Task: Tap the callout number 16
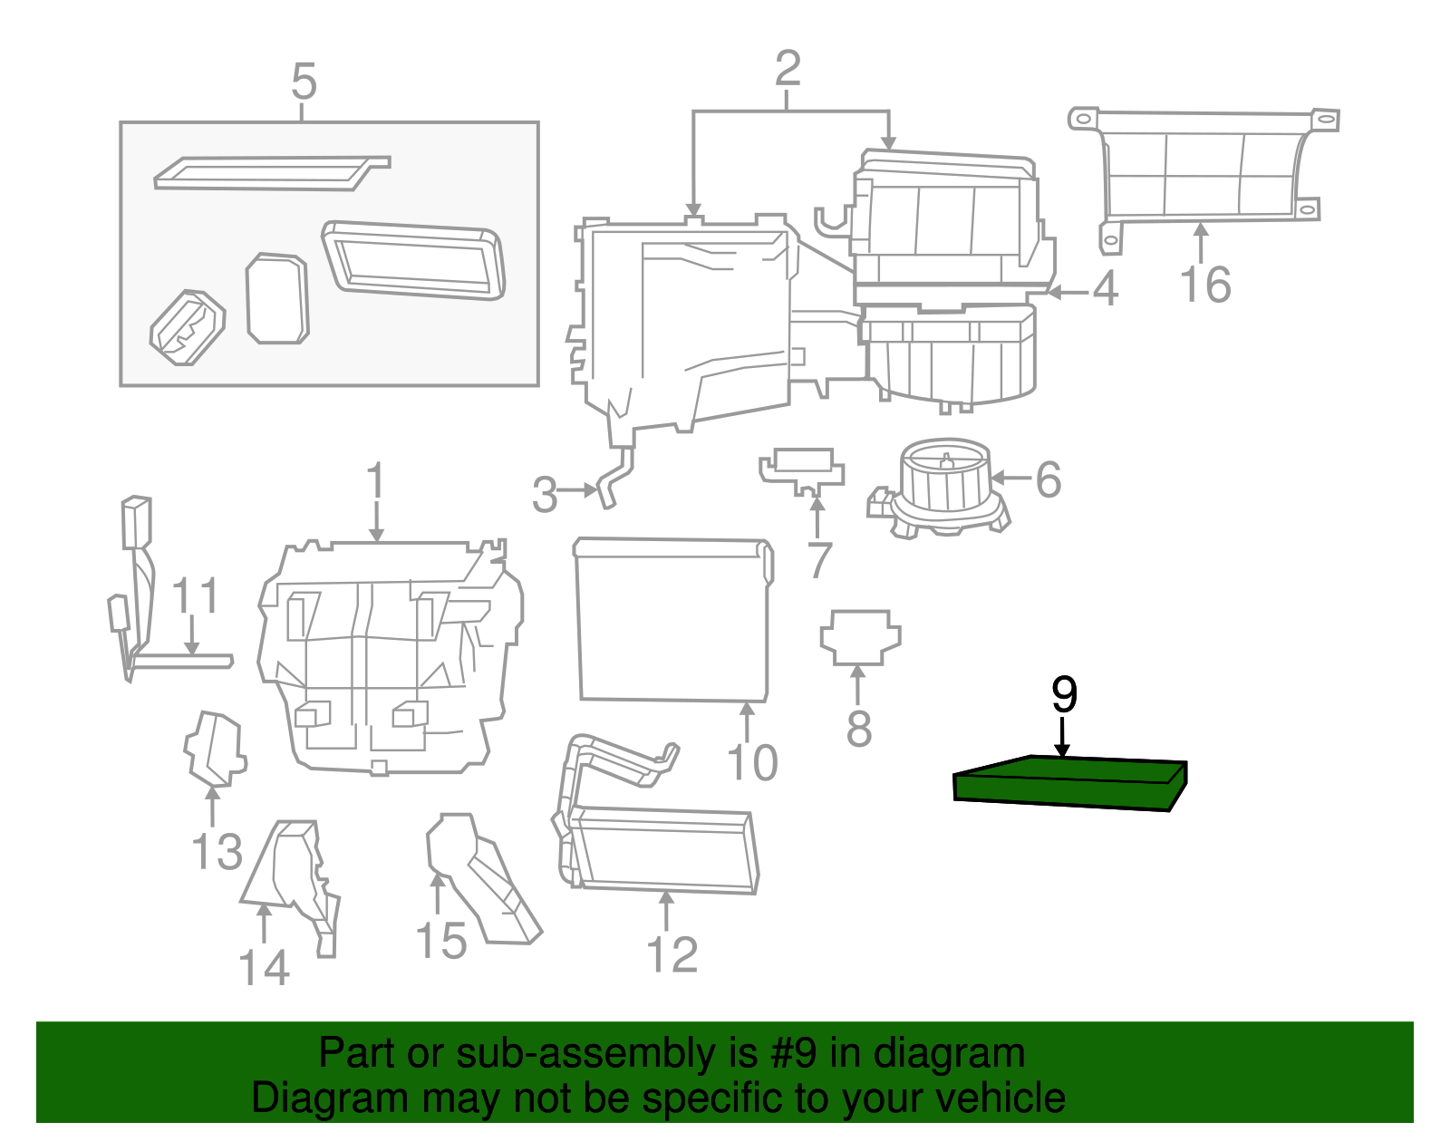tap(1205, 285)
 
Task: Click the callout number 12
tap(672, 955)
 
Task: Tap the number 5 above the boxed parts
tap(304, 82)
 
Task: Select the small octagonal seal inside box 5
tap(277, 298)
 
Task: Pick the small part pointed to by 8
tap(860, 636)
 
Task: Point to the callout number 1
tap(375, 482)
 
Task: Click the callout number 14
tap(264, 968)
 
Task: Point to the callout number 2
tap(788, 69)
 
